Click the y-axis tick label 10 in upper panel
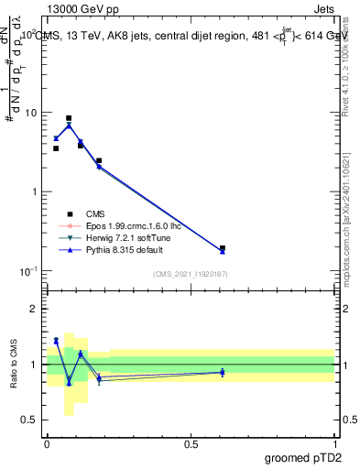point(29,113)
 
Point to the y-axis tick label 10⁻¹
point(27,271)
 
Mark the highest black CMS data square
point(69,118)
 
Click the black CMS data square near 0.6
point(223,248)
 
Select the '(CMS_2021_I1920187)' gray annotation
point(190,274)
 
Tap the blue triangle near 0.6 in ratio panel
point(223,372)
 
